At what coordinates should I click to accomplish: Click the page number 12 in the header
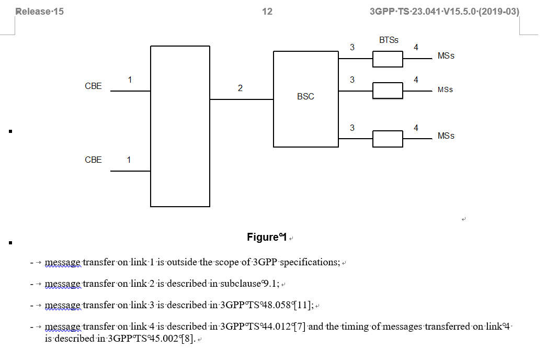267,12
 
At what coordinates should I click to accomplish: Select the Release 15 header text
40,12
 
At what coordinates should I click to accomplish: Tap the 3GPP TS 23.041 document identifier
444,12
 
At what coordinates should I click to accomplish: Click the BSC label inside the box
305,97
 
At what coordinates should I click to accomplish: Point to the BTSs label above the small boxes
389,40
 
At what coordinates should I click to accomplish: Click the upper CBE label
93,86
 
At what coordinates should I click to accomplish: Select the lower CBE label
93,160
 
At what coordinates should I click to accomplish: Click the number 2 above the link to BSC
240,88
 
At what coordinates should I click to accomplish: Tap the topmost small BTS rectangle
388,59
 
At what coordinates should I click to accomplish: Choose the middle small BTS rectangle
388,91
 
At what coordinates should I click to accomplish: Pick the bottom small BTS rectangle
388,139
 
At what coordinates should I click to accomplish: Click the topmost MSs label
446,56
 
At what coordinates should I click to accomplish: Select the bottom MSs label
446,136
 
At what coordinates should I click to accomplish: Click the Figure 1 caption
267,238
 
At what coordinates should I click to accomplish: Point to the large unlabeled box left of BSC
180,126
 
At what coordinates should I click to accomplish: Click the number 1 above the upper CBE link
130,80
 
